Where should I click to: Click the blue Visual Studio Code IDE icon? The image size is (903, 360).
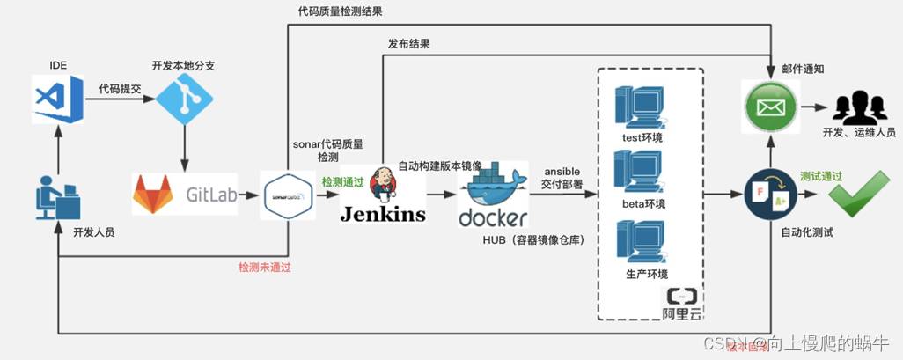[57, 99]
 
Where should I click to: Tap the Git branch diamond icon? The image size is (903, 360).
[185, 102]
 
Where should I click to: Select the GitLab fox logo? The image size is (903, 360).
[152, 194]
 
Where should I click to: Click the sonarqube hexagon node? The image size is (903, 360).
[289, 194]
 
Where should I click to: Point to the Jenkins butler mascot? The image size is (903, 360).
[383, 183]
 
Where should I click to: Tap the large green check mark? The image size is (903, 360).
[851, 195]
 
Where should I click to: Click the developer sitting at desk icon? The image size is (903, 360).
[55, 197]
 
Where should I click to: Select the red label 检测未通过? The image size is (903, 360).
[264, 267]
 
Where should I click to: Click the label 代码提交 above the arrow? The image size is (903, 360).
[120, 88]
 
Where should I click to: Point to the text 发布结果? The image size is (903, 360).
[408, 44]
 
